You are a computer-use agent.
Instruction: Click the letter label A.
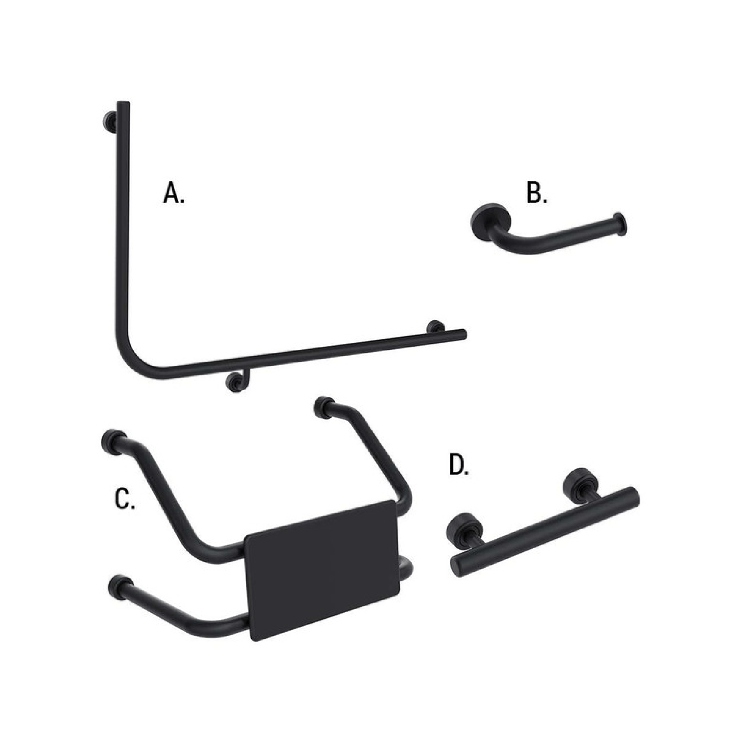(x=174, y=193)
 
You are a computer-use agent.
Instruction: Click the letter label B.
(x=536, y=194)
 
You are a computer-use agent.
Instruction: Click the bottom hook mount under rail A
(x=236, y=382)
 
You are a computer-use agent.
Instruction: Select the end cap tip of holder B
(x=621, y=224)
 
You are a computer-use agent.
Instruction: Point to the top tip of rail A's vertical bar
(x=123, y=105)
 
